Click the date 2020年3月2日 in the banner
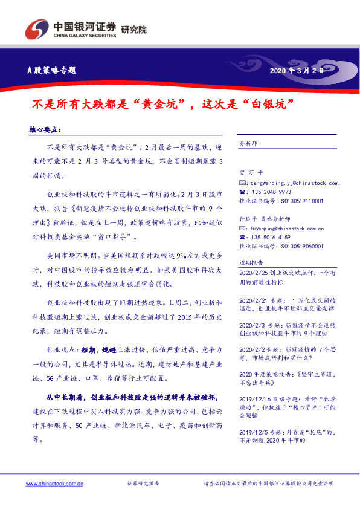pos(297,70)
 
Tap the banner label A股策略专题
pos(53,70)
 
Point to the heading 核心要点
pos(45,130)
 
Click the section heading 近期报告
pos(251,264)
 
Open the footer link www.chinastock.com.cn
pos(55,484)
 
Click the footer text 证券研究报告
pos(143,484)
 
